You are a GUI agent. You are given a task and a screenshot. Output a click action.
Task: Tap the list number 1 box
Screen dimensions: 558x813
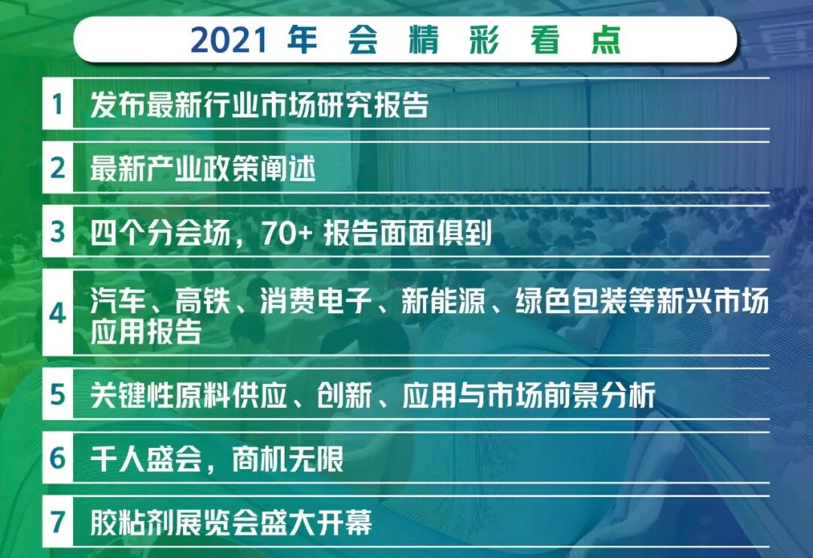[x=58, y=104]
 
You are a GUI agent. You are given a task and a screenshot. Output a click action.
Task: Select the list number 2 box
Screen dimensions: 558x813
[x=58, y=168]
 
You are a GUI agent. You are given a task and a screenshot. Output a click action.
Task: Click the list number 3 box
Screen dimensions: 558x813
[x=58, y=232]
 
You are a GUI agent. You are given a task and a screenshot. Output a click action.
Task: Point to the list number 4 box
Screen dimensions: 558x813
[x=58, y=313]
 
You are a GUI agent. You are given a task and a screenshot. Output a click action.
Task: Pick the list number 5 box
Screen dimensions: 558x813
[x=58, y=395]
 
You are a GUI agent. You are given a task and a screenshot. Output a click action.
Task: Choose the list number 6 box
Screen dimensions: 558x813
[x=58, y=458]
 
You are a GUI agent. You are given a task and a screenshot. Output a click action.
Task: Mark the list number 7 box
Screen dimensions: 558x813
[x=58, y=521]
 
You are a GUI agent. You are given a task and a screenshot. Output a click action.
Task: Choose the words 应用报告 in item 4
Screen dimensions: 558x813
[x=146, y=332]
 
